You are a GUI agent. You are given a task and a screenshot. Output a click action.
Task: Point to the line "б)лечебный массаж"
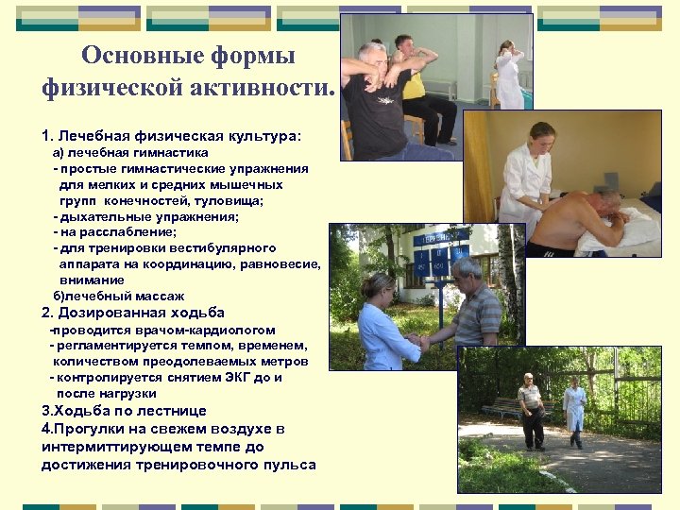[118, 296]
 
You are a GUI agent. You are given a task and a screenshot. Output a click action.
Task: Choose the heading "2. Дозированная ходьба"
[133, 313]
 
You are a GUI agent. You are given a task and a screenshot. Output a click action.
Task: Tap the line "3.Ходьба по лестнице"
[124, 411]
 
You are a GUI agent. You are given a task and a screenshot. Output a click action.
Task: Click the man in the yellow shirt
[416, 85]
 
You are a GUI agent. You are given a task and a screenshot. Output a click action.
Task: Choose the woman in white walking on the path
[574, 411]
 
